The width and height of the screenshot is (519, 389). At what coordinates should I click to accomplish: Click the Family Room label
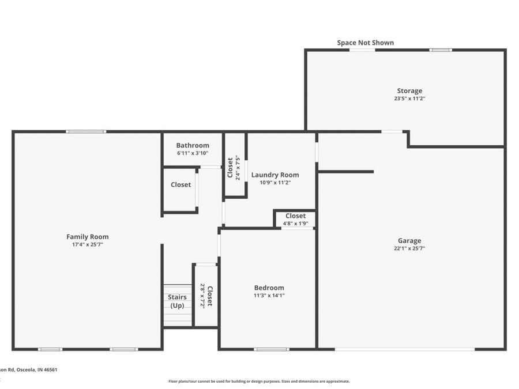(x=87, y=237)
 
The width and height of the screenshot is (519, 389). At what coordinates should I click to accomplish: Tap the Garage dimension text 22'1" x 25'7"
(x=409, y=248)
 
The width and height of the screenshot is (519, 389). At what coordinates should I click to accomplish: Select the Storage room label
(x=409, y=90)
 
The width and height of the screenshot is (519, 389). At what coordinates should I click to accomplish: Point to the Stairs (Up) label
(x=177, y=301)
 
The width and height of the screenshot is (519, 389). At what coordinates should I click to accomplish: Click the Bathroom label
(x=193, y=145)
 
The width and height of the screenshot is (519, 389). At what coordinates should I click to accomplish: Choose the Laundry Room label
(x=274, y=175)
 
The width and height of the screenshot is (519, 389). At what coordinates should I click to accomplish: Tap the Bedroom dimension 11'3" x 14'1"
(x=269, y=296)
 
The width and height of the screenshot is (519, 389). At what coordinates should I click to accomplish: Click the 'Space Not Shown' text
(x=365, y=43)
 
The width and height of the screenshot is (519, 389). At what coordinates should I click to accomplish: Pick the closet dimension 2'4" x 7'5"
(x=238, y=168)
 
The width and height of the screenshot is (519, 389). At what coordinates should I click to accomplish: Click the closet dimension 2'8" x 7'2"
(x=202, y=296)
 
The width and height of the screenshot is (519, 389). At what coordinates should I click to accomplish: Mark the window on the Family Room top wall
(x=85, y=132)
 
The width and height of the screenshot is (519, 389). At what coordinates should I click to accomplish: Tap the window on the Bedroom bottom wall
(x=271, y=349)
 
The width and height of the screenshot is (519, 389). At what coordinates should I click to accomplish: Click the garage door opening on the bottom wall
(x=405, y=349)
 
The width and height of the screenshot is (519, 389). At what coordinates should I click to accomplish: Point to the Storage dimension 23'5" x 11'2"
(x=409, y=99)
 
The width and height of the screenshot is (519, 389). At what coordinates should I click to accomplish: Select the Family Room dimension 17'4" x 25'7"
(x=87, y=244)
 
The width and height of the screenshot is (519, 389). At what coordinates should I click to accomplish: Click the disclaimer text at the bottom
(x=259, y=381)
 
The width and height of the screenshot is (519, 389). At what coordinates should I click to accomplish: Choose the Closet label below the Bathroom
(x=180, y=185)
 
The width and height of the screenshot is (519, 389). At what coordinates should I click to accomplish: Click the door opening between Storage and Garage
(x=392, y=132)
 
